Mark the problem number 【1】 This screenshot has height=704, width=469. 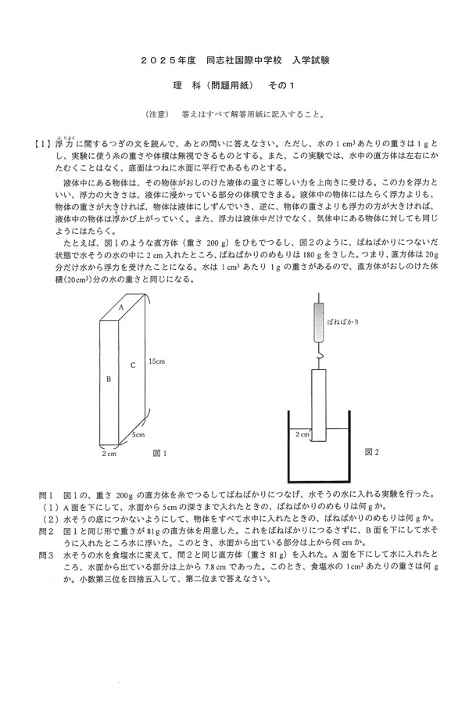(x=43, y=145)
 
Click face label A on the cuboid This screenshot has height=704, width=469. (x=122, y=309)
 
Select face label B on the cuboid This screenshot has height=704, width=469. (x=108, y=378)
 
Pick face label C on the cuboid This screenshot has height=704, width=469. (x=133, y=365)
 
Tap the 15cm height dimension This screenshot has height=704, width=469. (x=157, y=361)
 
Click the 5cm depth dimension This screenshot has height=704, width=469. (x=138, y=434)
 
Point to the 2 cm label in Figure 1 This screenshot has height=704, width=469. (x=109, y=453)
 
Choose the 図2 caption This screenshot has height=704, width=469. (x=372, y=453)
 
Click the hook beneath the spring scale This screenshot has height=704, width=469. (x=319, y=357)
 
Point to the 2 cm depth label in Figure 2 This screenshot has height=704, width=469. (x=302, y=433)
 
